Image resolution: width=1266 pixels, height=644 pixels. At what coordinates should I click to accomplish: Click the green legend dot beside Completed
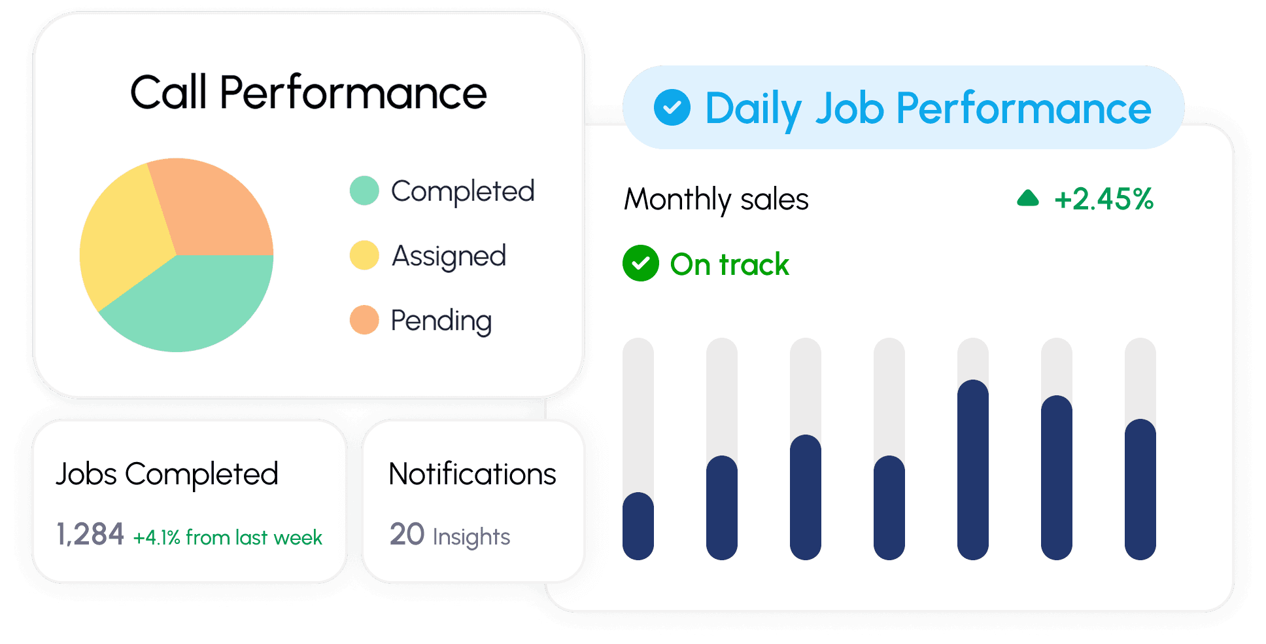click(364, 190)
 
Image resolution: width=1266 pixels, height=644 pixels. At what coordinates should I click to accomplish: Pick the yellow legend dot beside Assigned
click(364, 255)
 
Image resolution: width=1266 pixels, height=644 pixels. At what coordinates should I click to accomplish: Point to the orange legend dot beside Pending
click(364, 320)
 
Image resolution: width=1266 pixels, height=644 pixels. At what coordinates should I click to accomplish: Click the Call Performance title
click(309, 92)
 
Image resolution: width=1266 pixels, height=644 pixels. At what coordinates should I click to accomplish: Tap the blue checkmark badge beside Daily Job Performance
click(672, 107)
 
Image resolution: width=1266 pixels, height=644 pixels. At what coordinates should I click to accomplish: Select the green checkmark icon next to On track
click(641, 263)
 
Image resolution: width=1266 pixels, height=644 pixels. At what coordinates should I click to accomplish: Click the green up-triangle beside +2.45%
click(1028, 198)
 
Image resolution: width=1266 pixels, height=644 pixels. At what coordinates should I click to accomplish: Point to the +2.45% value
click(1104, 199)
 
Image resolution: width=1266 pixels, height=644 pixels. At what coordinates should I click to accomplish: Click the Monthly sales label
click(716, 199)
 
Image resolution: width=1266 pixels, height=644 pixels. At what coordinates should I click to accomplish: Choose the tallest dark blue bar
click(973, 469)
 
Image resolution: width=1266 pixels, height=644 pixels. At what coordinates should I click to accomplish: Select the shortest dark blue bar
click(638, 526)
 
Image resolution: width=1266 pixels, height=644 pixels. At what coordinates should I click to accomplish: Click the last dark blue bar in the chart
click(1140, 489)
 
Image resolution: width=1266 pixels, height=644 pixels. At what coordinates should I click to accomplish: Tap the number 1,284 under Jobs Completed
click(90, 534)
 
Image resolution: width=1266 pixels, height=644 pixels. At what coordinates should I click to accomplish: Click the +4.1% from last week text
click(228, 537)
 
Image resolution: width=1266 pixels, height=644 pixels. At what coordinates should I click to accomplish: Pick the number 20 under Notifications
click(407, 534)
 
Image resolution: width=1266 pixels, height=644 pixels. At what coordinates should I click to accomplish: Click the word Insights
click(471, 537)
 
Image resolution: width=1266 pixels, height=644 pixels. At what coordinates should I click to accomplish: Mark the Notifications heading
click(472, 474)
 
